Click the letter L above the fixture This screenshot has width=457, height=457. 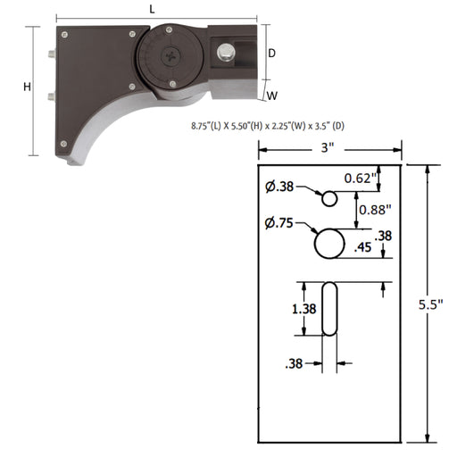(154, 8)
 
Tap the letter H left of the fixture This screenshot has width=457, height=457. (27, 87)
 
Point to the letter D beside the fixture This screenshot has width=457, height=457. (272, 53)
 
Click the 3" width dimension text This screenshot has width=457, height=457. (328, 148)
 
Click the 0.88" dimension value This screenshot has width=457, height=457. (376, 211)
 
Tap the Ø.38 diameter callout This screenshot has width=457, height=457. (279, 187)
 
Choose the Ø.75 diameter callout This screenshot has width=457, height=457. (279, 223)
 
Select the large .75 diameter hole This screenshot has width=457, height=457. (329, 242)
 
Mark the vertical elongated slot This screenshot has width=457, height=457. (329, 309)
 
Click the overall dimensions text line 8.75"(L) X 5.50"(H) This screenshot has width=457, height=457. (268, 126)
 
